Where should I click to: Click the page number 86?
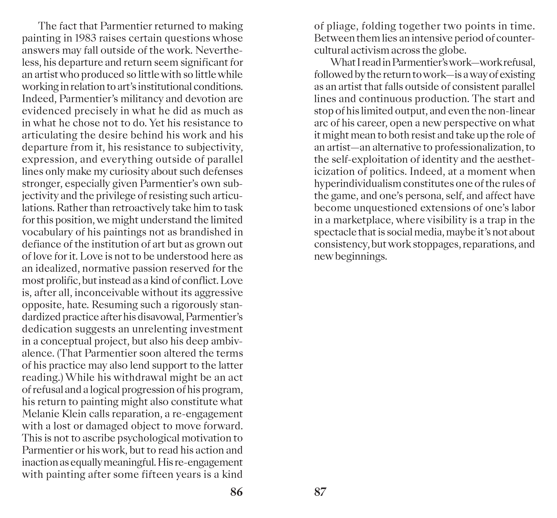pyautogui.click(x=236, y=492)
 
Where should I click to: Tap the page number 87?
pyautogui.click(x=320, y=492)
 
